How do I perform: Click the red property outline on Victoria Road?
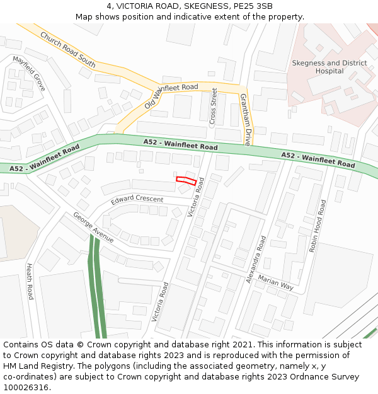(x=184, y=180)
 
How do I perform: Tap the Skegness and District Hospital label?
(x=329, y=67)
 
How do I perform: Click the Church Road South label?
(x=67, y=49)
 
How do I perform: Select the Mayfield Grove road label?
(x=30, y=74)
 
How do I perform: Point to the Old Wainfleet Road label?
(x=171, y=95)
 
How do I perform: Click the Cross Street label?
(x=213, y=105)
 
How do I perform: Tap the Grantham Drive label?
(x=246, y=120)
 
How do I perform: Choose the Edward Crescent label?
(x=137, y=200)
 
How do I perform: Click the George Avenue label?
(x=93, y=227)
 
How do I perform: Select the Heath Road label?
(x=30, y=281)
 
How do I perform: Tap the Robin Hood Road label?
(x=318, y=226)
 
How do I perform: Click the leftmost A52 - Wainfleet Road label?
(x=44, y=158)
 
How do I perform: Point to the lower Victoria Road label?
(x=160, y=302)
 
